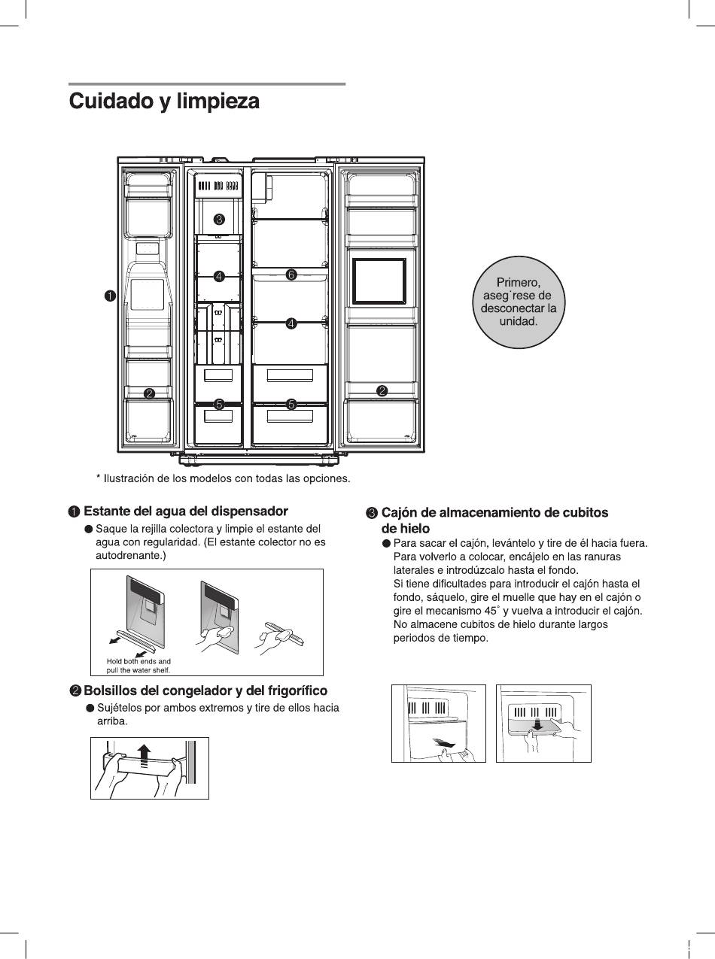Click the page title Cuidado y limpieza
pyautogui.click(x=164, y=102)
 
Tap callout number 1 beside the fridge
pyautogui.click(x=110, y=296)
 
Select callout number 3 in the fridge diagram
pyautogui.click(x=219, y=219)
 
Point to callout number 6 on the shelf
pyautogui.click(x=291, y=274)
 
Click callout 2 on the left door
pyautogui.click(x=149, y=393)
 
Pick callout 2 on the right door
pyautogui.click(x=382, y=391)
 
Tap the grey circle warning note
pyautogui.click(x=519, y=302)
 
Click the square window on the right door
pyautogui.click(x=379, y=281)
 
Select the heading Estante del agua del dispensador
pyautogui.click(x=186, y=511)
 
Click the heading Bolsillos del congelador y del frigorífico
pyautogui.click(x=205, y=690)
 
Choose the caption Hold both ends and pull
pyautogui.click(x=138, y=666)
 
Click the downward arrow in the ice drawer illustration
pyautogui.click(x=537, y=724)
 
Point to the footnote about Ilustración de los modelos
pyautogui.click(x=223, y=478)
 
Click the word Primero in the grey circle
pyautogui.click(x=518, y=282)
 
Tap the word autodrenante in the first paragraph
pyautogui.click(x=131, y=556)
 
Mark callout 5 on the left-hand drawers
pyautogui.click(x=219, y=404)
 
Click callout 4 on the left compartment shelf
pyautogui.click(x=219, y=276)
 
